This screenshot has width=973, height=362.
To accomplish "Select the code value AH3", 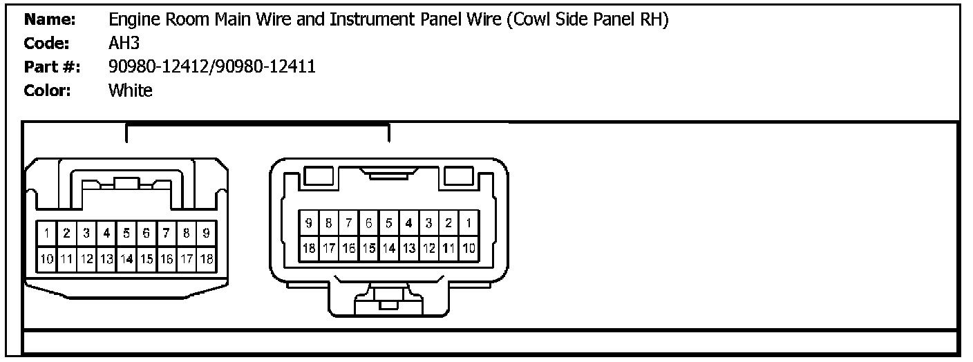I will click(124, 44).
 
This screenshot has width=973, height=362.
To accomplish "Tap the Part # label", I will click(52, 67).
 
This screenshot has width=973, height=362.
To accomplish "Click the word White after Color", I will click(130, 90).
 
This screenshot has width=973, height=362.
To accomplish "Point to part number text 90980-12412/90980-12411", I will click(212, 67).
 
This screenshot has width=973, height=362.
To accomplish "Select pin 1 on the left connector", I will click(46, 234).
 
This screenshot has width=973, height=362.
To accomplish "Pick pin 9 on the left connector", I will click(206, 234).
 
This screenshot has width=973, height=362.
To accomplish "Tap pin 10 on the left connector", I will click(46, 260).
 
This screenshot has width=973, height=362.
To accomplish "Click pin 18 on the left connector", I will click(206, 260).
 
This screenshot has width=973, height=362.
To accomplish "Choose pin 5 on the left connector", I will click(126, 234).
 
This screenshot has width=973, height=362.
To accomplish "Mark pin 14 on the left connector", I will click(126, 260).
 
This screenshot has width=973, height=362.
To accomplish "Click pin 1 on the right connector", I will click(469, 223).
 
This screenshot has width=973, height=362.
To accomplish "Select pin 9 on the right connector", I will click(309, 223).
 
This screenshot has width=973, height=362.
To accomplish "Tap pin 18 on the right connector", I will click(309, 247).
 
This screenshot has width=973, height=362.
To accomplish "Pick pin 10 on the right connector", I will click(469, 247).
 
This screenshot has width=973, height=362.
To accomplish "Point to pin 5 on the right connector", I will click(389, 223).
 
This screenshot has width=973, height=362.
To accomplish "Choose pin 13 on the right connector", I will click(409, 247).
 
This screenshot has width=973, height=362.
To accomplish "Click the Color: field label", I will click(48, 90).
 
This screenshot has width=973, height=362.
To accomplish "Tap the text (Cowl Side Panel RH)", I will click(587, 21).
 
